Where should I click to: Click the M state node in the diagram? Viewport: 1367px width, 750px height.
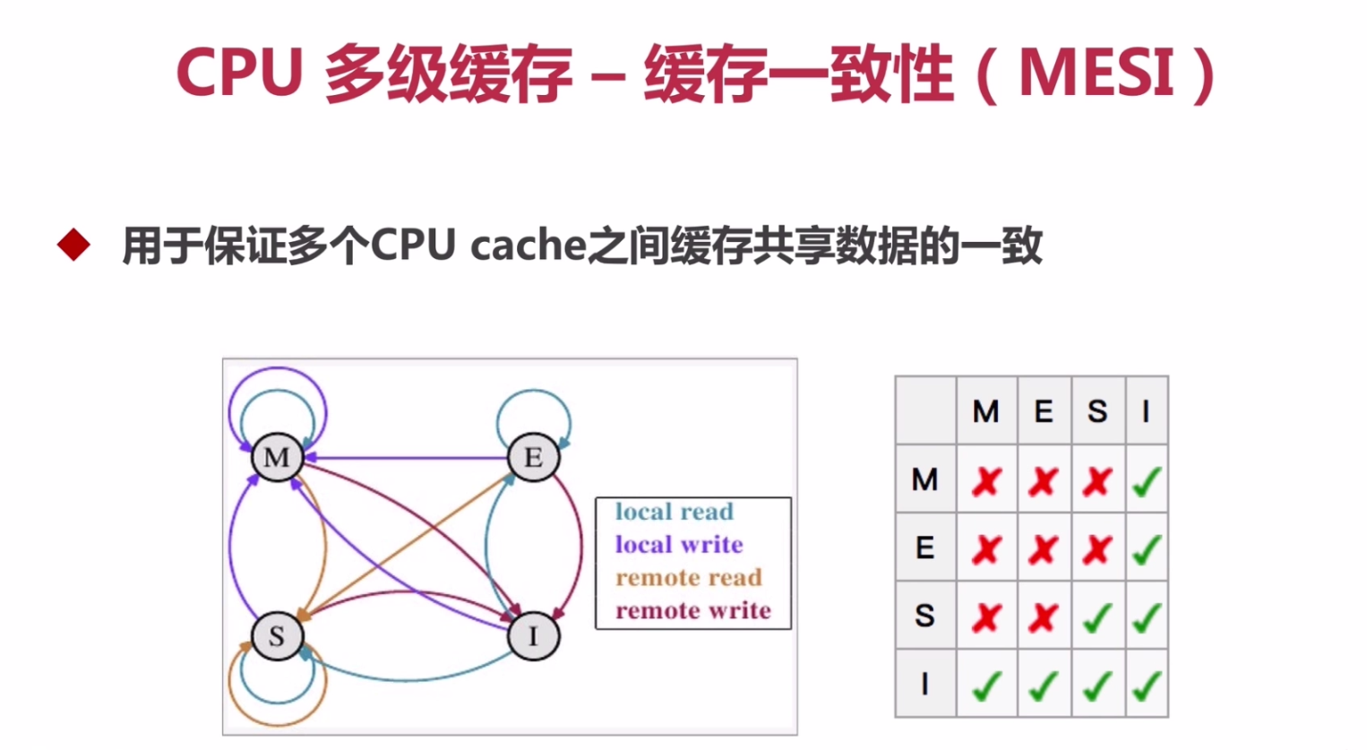(x=277, y=458)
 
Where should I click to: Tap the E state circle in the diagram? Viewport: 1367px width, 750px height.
(x=533, y=458)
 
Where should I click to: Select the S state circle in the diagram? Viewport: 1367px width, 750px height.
(x=277, y=636)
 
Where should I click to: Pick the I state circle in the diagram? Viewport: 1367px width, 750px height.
(x=533, y=636)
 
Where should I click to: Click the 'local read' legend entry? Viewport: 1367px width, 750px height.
(x=674, y=512)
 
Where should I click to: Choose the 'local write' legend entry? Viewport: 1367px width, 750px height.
(x=678, y=545)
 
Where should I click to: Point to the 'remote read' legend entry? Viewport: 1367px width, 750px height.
(x=688, y=578)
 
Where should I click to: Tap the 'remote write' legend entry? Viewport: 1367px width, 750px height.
(x=692, y=611)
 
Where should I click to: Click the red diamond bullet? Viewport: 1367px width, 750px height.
(x=73, y=245)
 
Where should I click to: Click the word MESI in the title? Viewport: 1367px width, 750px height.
(x=1096, y=73)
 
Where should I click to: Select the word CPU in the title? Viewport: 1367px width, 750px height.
(x=240, y=73)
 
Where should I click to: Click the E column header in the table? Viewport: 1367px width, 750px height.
(x=1044, y=411)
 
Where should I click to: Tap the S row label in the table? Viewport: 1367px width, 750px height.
(x=924, y=616)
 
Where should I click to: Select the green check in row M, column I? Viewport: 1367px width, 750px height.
(x=1146, y=481)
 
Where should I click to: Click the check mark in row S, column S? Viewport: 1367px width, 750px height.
(x=1097, y=616)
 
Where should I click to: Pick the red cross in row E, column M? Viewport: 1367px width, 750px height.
(x=986, y=548)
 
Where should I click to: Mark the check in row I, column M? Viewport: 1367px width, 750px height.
(x=986, y=685)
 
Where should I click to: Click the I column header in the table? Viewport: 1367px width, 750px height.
(x=1146, y=411)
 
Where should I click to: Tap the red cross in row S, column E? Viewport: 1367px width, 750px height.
(x=1044, y=616)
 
